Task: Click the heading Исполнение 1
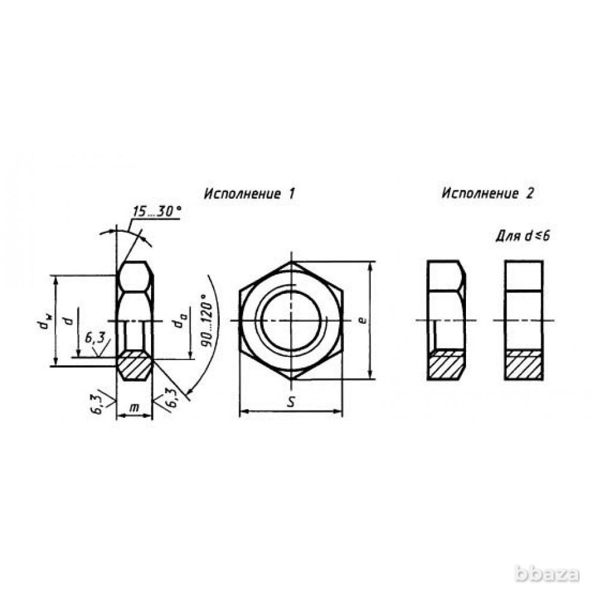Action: click(250, 193)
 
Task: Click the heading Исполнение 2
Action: click(488, 193)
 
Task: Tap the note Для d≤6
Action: click(523, 236)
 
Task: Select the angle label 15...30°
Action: click(157, 211)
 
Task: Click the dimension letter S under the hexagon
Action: click(291, 402)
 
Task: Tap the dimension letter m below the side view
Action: click(134, 407)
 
